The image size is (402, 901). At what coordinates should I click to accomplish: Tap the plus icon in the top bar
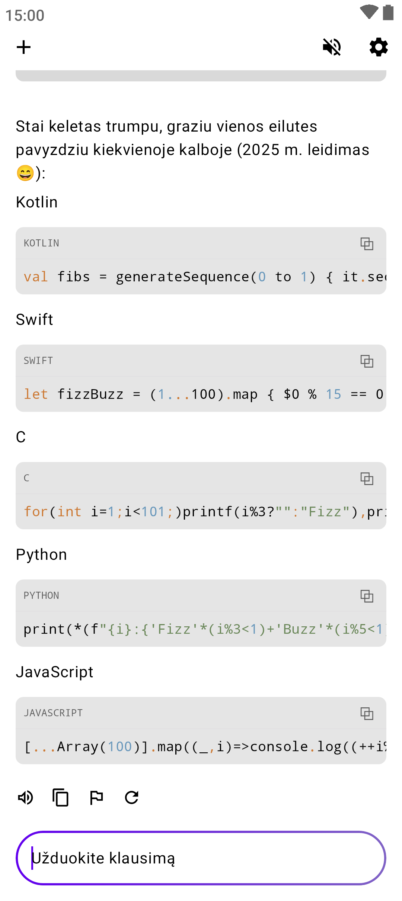(x=23, y=47)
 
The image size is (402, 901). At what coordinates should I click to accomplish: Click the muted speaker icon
(x=332, y=47)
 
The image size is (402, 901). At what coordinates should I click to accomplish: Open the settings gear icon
(x=379, y=47)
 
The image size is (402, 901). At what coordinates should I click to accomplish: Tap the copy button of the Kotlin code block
(x=367, y=243)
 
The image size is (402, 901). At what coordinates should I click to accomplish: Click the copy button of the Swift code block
(x=367, y=361)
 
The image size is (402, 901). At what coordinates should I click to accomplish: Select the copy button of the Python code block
(x=367, y=596)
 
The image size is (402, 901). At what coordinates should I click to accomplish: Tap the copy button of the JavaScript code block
(x=367, y=713)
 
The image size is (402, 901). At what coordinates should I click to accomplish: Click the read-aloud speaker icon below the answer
(x=26, y=797)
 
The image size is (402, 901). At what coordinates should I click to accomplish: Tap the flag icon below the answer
(x=96, y=797)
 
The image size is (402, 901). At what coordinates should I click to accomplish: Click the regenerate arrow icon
(x=132, y=797)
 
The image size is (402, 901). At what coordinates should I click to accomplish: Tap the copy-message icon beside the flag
(x=61, y=797)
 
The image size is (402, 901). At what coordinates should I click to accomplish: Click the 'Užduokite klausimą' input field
(x=201, y=858)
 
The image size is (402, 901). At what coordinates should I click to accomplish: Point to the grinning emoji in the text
(x=25, y=173)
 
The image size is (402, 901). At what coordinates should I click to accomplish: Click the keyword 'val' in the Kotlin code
(x=36, y=277)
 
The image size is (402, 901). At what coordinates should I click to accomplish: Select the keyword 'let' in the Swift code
(x=36, y=394)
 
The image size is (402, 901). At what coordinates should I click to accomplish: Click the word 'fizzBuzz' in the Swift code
(x=90, y=394)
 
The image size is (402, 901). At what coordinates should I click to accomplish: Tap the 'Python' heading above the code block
(x=41, y=555)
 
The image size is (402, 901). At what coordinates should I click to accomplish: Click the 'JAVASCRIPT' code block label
(x=53, y=713)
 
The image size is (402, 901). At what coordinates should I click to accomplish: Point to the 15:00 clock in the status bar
(x=25, y=16)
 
